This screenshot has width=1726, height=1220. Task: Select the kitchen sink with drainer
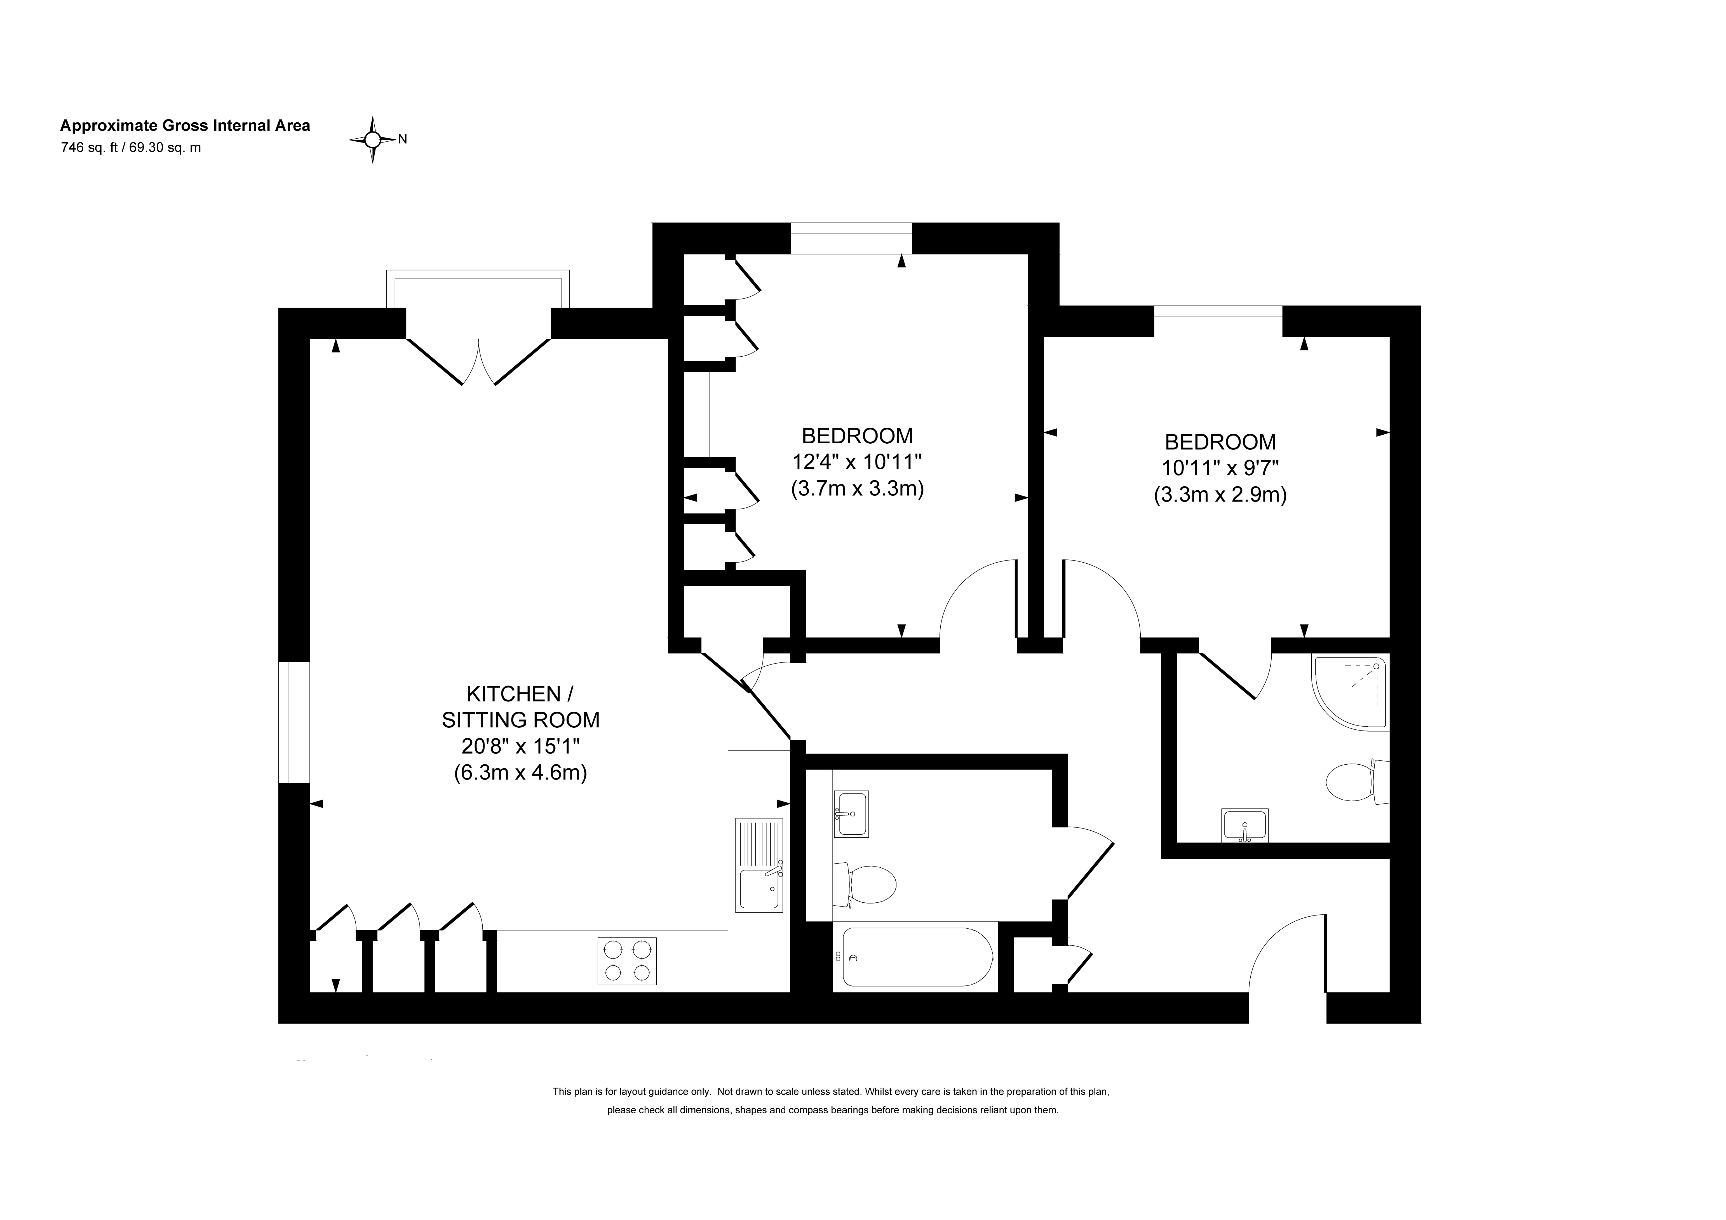[759, 865]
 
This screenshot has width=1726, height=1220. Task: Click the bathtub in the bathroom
[917, 957]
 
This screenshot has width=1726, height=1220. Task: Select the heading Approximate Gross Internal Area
[185, 126]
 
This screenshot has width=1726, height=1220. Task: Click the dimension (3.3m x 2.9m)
[1220, 495]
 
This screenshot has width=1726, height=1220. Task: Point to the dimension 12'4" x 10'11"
[857, 462]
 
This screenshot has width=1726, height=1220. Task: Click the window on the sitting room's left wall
[294, 722]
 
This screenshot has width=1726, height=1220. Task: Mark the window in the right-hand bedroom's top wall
[1218, 321]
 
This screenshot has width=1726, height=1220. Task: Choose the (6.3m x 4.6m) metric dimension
[520, 772]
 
